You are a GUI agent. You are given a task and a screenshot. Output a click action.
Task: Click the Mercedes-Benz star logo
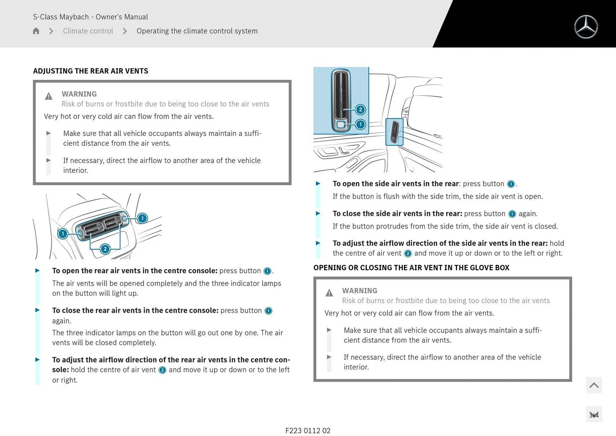click(586, 27)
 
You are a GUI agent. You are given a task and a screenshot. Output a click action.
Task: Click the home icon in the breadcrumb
click(36, 31)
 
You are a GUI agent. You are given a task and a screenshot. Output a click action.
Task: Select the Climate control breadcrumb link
click(88, 31)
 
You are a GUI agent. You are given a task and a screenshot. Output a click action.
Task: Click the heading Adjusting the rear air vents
click(90, 71)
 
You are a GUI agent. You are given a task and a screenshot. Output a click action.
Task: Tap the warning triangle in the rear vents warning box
click(48, 96)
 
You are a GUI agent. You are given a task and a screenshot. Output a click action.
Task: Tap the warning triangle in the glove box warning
click(329, 293)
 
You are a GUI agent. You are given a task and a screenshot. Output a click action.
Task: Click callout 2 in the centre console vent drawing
click(105, 249)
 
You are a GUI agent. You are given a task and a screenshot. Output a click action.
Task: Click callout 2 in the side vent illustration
click(360, 110)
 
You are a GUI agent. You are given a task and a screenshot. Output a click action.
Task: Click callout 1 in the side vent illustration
click(360, 124)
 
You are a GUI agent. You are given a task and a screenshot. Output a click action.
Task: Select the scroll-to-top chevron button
click(594, 385)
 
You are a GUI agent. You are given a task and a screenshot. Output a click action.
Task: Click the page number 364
click(594, 415)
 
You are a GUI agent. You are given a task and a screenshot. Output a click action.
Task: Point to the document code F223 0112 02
click(308, 431)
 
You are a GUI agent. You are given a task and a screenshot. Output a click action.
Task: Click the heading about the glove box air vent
click(411, 267)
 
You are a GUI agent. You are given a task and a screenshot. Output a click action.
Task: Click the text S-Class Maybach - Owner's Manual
click(90, 17)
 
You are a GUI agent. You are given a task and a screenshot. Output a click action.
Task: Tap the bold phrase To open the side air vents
click(396, 184)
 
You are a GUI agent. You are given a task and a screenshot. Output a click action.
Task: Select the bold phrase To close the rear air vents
click(135, 310)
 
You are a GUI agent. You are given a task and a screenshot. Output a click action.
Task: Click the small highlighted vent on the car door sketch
click(394, 132)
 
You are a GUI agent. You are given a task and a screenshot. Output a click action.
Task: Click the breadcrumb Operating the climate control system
click(197, 31)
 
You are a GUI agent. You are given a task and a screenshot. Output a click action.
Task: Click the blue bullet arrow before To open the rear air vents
click(38, 271)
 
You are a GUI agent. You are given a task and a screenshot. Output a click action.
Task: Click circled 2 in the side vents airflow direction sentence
click(407, 254)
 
